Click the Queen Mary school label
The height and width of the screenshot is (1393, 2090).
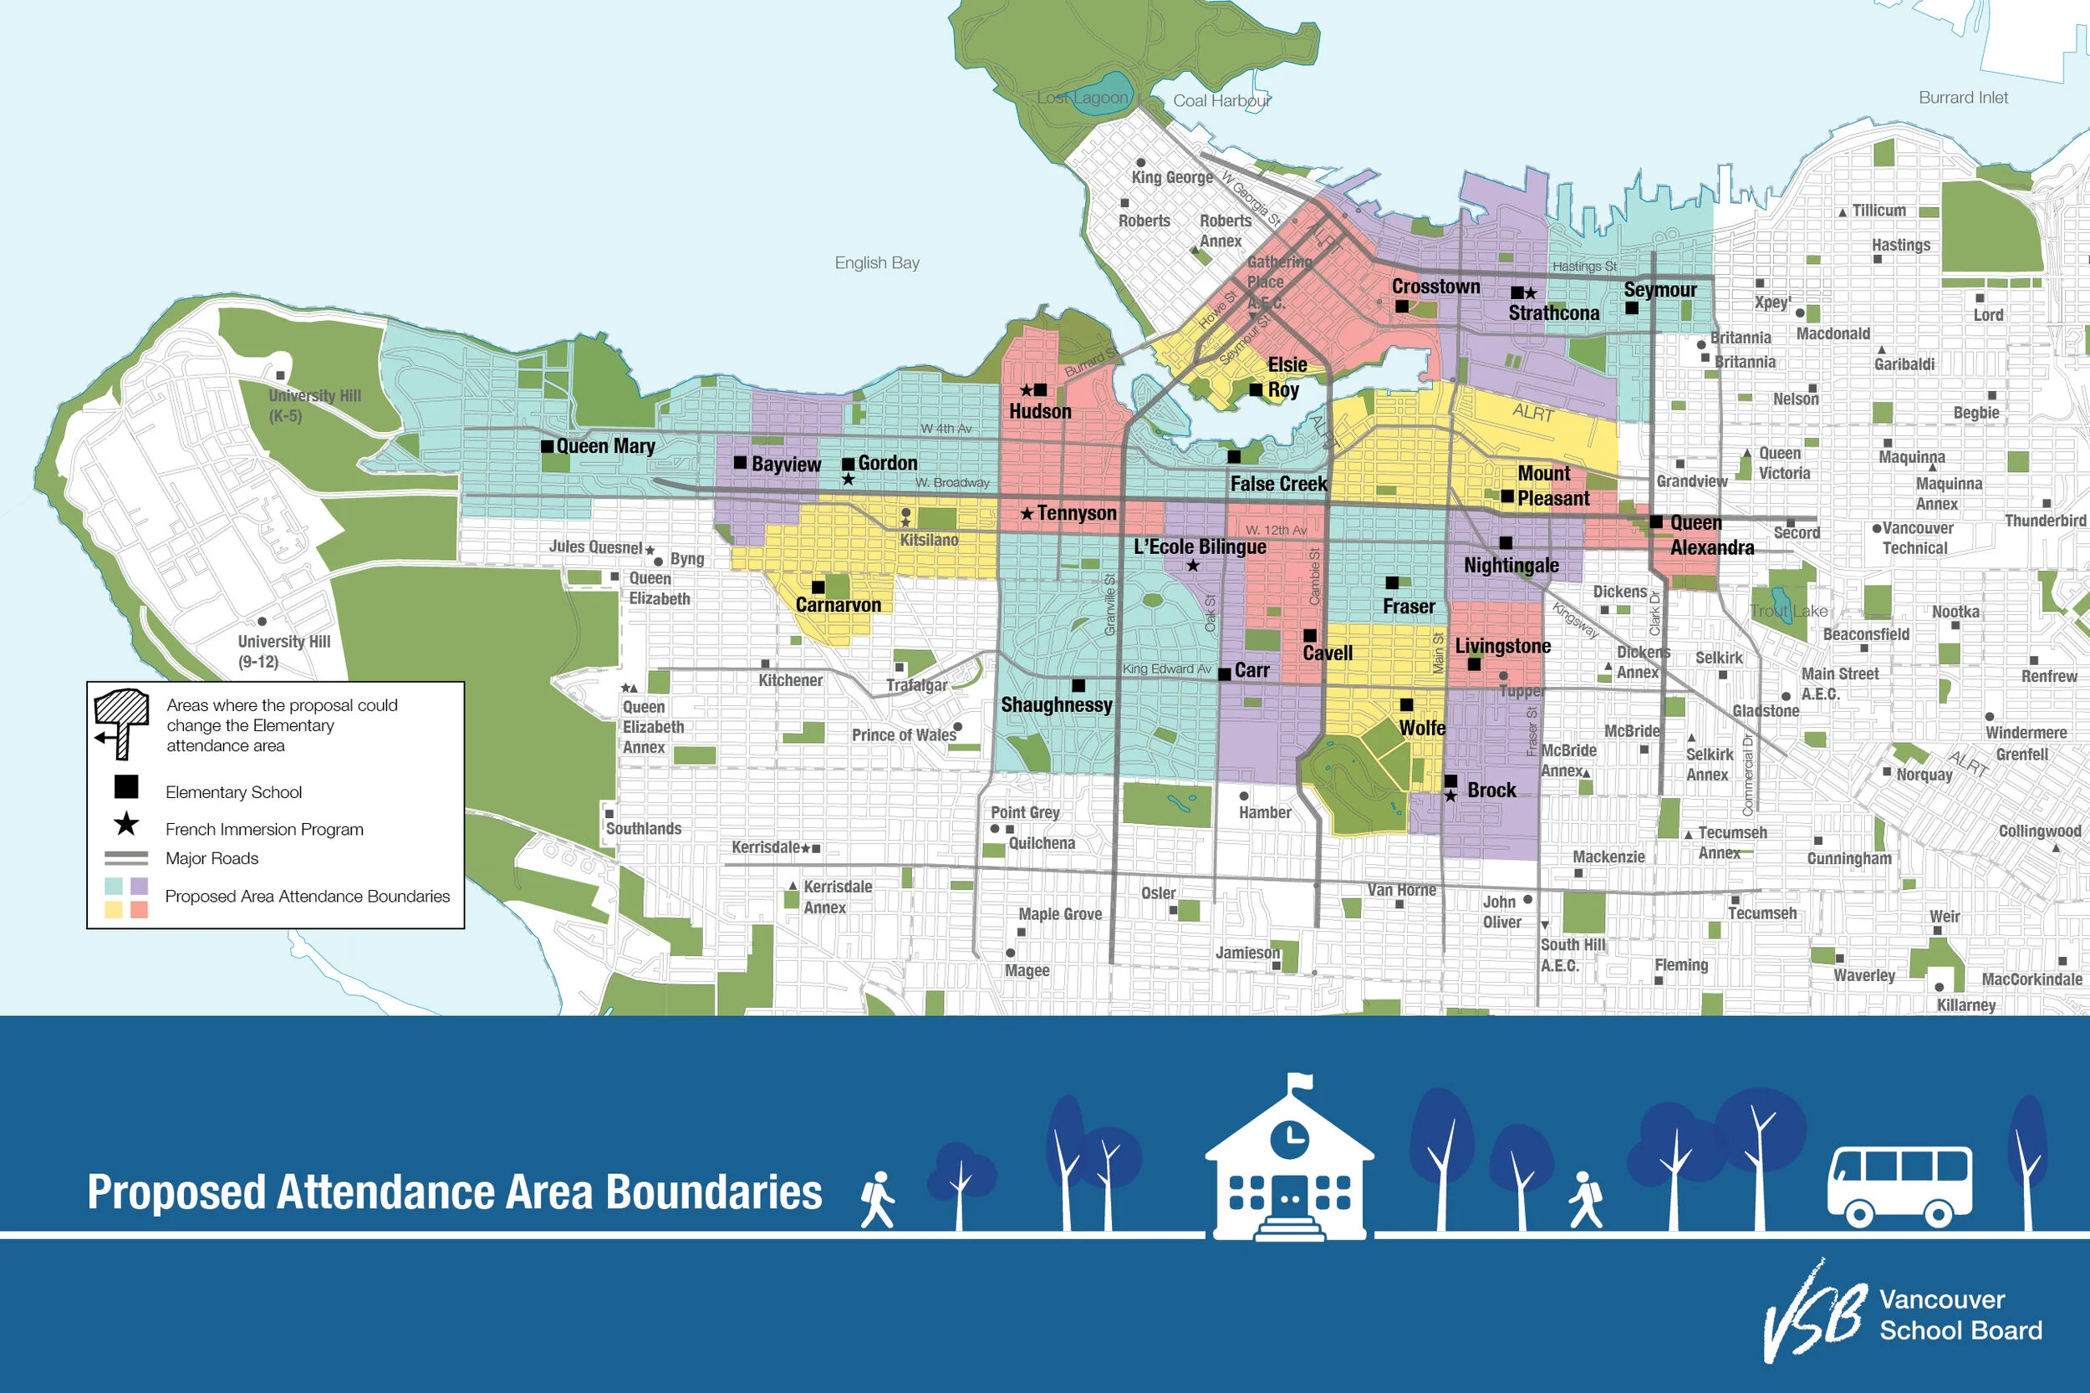point(605,446)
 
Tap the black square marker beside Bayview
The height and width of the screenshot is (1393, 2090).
point(739,462)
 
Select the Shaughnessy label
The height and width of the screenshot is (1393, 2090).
point(1056,704)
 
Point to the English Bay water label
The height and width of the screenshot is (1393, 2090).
point(876,263)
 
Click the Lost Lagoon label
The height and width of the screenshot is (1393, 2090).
point(1083,98)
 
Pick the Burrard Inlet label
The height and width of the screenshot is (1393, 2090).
point(1963,98)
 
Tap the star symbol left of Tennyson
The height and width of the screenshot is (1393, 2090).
point(1027,513)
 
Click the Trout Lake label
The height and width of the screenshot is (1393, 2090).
point(1788,611)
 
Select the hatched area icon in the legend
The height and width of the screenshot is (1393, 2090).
point(121,721)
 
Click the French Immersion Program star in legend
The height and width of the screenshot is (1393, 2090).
point(126,825)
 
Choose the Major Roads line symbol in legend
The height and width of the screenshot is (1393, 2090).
point(126,858)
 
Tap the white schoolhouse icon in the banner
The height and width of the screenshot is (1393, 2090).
point(1288,1164)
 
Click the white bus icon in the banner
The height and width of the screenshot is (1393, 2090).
point(1899,1185)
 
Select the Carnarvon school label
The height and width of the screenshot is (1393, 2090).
point(838,605)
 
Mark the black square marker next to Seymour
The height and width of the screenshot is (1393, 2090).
point(1632,308)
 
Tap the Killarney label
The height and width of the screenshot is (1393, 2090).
point(1965,1004)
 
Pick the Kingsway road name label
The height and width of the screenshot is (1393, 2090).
point(1575,621)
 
